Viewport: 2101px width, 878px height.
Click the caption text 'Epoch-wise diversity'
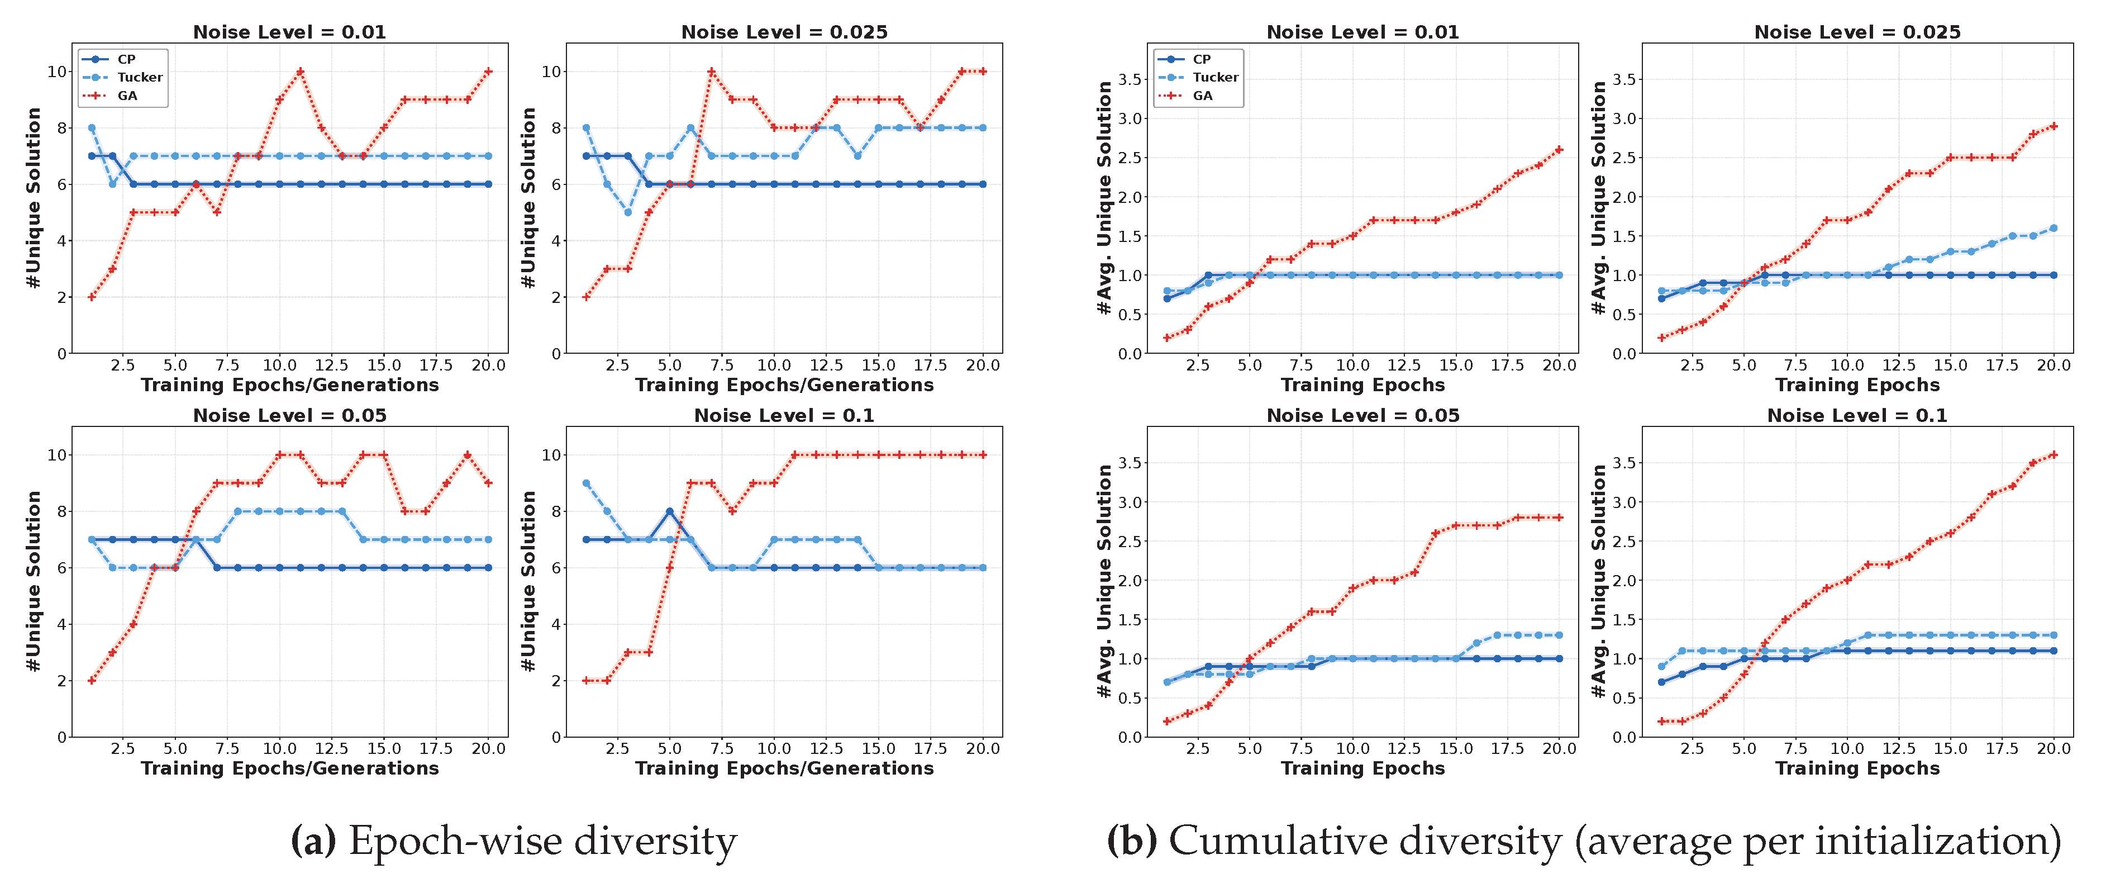[x=542, y=841]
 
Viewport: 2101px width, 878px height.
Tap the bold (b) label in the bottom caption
[x=1131, y=841]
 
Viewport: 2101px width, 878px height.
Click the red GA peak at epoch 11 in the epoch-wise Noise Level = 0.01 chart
[x=300, y=72]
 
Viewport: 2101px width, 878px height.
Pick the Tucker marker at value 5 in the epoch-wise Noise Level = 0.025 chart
[x=628, y=212]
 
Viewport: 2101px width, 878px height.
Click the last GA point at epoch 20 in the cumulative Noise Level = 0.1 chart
[x=2054, y=454]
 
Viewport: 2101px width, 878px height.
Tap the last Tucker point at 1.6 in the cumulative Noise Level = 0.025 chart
[x=2054, y=229]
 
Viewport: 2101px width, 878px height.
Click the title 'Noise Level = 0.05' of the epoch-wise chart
[x=289, y=415]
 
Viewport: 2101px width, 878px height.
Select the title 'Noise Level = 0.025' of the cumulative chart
[x=1857, y=32]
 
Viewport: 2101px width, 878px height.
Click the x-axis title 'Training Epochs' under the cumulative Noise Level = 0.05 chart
[x=1362, y=768]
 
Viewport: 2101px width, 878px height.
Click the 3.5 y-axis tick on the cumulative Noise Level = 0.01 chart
[x=1130, y=79]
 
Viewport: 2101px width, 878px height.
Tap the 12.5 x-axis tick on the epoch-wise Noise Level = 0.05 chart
[x=331, y=749]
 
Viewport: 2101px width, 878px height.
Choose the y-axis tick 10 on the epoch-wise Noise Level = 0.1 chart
[x=551, y=454]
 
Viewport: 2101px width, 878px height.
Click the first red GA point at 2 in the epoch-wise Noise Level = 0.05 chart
[x=92, y=681]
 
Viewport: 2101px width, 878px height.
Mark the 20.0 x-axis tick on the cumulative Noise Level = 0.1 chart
[x=2054, y=749]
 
